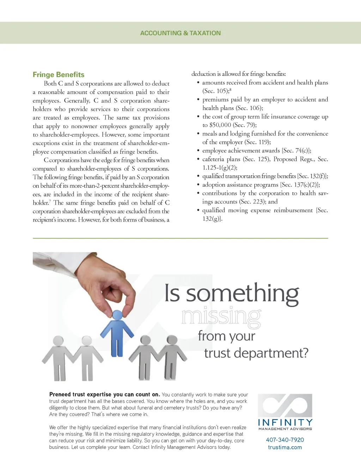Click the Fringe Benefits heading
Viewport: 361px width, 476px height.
pos(59,74)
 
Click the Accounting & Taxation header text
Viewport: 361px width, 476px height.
pos(180,33)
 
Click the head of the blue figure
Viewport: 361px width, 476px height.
pos(117,315)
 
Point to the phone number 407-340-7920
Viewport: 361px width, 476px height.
pos(285,440)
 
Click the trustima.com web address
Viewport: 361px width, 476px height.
pos(285,447)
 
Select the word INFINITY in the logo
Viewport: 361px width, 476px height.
pos(285,423)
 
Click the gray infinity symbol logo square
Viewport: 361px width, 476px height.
pos(285,406)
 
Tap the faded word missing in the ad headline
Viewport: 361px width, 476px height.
pos(221,317)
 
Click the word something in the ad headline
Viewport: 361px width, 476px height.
pos(242,294)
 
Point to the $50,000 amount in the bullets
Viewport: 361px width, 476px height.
pos(220,125)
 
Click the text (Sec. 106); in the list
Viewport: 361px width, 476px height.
pos(249,108)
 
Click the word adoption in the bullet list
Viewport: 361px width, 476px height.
pos(214,185)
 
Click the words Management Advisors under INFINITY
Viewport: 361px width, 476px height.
pos(285,429)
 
